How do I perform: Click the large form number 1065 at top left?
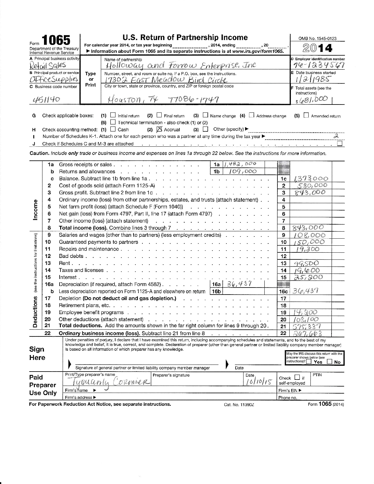(x=56, y=41)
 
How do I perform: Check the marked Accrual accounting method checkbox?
(x=159, y=129)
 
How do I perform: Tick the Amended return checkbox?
(x=306, y=116)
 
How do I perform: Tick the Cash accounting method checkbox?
(x=113, y=129)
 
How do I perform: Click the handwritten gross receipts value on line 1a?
(x=240, y=164)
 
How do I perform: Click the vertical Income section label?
(x=35, y=210)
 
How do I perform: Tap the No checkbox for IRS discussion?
(x=330, y=362)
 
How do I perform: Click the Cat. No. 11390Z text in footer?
(x=239, y=405)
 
